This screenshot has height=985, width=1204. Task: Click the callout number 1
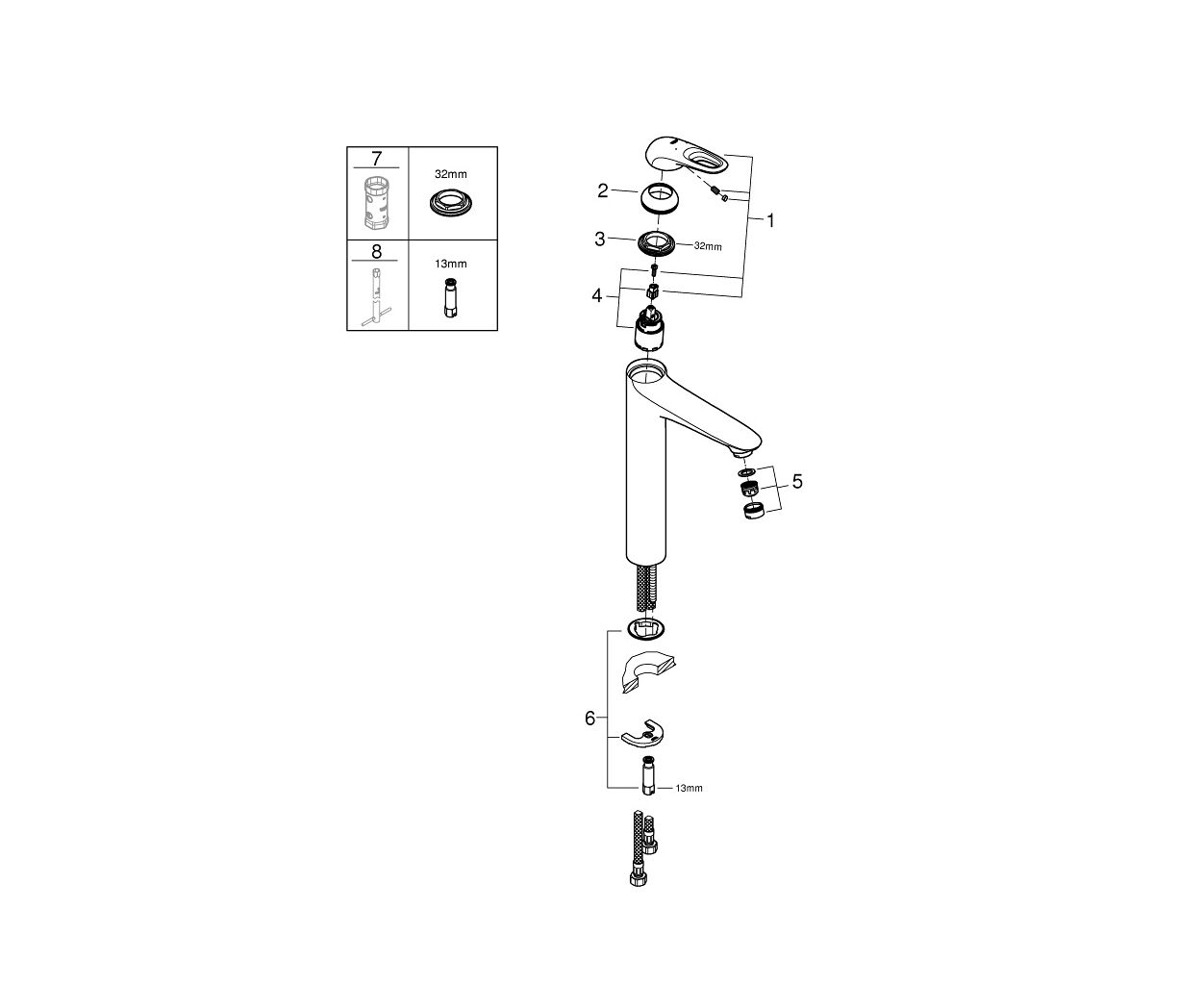[x=770, y=220]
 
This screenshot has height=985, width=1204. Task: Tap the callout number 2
[x=603, y=190]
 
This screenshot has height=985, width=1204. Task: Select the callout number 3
[x=599, y=239]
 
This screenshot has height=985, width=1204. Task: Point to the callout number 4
[x=596, y=295]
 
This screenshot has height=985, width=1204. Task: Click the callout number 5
[x=797, y=481]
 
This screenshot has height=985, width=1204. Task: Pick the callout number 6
[x=589, y=719]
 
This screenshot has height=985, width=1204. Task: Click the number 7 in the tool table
[x=376, y=159]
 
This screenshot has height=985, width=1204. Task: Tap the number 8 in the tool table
[x=376, y=251]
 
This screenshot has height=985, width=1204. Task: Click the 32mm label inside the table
[x=450, y=174]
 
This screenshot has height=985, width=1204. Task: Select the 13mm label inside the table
[x=450, y=264]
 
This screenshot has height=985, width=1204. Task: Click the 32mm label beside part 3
[x=708, y=246]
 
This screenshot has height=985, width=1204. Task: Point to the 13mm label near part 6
[x=690, y=788]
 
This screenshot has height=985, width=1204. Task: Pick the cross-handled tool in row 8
[x=376, y=297]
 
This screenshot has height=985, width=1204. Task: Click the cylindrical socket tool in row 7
[x=376, y=203]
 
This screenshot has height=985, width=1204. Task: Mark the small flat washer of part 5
[x=746, y=472]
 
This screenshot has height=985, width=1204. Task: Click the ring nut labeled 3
[x=657, y=242]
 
